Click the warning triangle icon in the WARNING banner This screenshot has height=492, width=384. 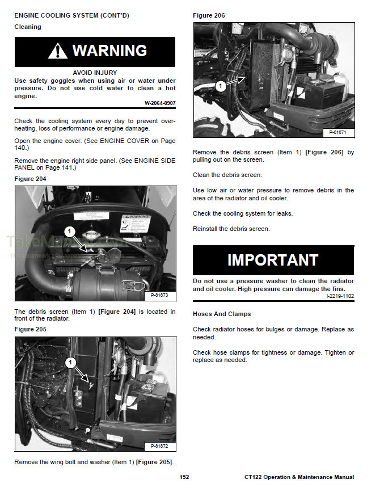tap(58, 52)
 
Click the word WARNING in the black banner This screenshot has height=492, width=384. tap(109, 52)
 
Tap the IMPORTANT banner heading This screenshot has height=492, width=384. tap(273, 260)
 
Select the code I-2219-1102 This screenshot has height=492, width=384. tap(340, 296)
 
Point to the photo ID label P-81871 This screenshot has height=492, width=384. tap(338, 132)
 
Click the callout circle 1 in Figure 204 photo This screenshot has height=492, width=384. tap(70, 231)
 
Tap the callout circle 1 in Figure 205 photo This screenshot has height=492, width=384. tap(70, 362)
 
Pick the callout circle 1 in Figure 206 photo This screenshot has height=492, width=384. tap(221, 86)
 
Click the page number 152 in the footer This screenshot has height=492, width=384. tap(184, 477)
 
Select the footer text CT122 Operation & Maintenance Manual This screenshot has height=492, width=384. tap(299, 477)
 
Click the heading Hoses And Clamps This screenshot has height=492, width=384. tap(221, 314)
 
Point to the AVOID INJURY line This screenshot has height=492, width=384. tap(95, 73)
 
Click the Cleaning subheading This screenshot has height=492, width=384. tap(28, 27)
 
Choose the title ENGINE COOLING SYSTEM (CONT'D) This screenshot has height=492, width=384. tap(71, 15)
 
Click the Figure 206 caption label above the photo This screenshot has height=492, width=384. tap(209, 15)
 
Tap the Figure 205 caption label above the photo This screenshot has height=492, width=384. tap(30, 329)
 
